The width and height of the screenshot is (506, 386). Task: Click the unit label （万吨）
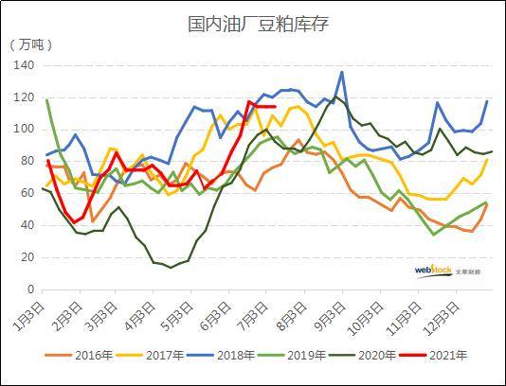point(32,44)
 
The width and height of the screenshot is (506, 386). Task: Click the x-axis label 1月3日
point(31,311)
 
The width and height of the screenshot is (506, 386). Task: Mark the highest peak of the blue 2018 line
point(342,72)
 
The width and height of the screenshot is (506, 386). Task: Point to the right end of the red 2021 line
point(275,107)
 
